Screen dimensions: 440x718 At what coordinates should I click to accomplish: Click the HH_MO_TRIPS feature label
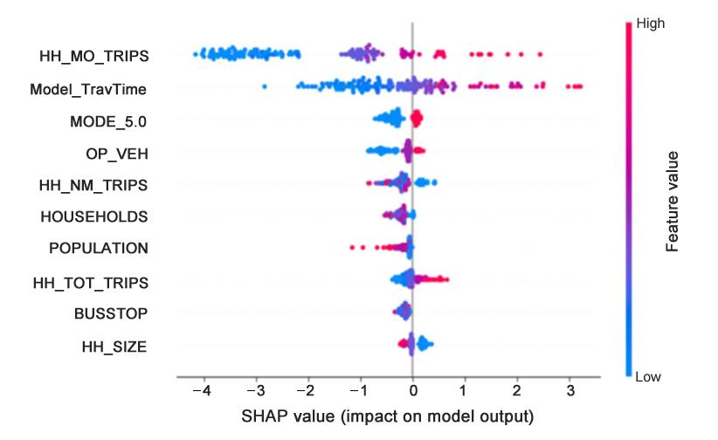pos(94,57)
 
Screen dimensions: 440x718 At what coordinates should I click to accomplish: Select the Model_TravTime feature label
pos(88,88)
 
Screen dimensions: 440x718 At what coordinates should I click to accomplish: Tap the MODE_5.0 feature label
pos(108,120)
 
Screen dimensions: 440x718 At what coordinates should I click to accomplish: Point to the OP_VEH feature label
pos(117,153)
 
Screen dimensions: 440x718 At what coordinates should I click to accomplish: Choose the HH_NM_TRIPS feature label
pos(94,185)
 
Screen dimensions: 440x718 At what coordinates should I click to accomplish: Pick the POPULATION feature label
pos(99,248)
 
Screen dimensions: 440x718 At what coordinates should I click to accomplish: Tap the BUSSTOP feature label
pos(112,313)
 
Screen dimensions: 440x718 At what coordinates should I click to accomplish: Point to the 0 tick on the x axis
pos(412,389)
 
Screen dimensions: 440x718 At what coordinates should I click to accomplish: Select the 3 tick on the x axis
pos(570,389)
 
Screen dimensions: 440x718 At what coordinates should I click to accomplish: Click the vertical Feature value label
pos(672,201)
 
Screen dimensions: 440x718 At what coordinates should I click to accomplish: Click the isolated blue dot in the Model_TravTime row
pos(265,86)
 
